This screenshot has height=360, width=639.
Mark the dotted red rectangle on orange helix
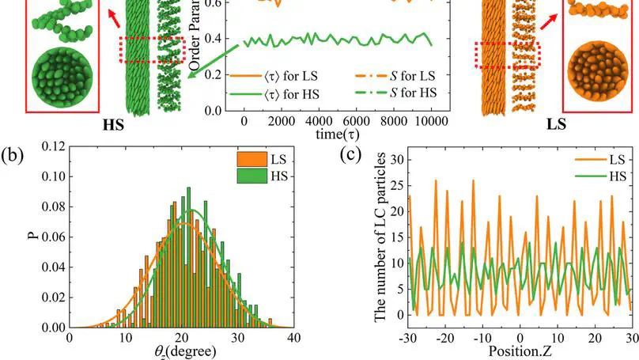pyautogui.click(x=506, y=56)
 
